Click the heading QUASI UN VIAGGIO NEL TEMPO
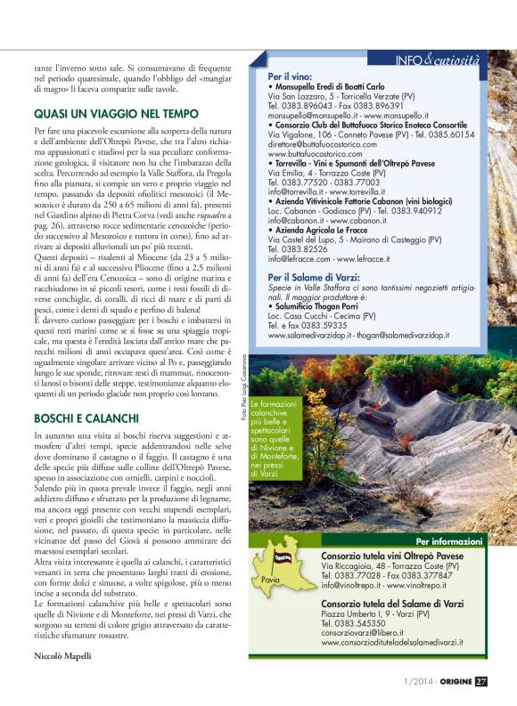pyautogui.click(x=117, y=114)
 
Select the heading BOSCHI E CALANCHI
pyautogui.click(x=86, y=418)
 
